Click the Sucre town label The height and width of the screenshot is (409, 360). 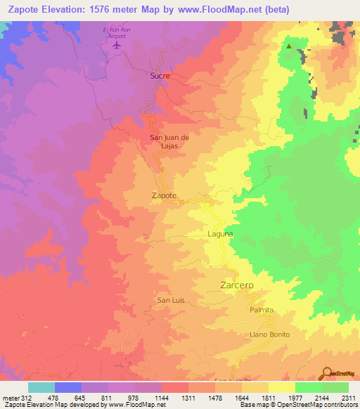click(x=160, y=75)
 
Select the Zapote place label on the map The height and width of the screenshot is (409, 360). click(x=164, y=196)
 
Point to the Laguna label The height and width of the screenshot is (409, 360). click(x=220, y=233)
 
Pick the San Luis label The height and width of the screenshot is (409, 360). click(x=171, y=300)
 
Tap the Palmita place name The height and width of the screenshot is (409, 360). click(x=260, y=309)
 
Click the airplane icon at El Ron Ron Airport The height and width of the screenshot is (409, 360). click(x=117, y=45)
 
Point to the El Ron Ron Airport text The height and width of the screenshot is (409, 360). click(x=117, y=32)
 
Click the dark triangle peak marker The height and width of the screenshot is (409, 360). click(x=288, y=47)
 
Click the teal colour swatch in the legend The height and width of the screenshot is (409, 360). click(x=41, y=387)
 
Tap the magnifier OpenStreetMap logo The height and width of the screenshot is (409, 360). click(x=326, y=372)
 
